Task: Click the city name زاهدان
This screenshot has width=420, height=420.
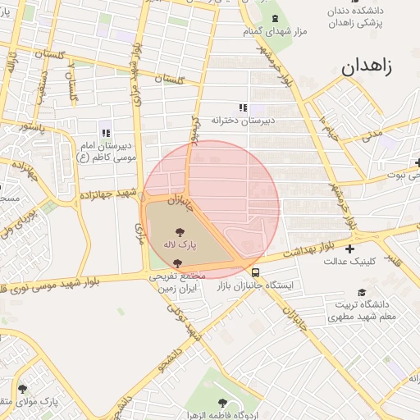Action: coord(364,66)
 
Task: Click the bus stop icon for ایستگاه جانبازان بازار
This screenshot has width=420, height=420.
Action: coord(256,272)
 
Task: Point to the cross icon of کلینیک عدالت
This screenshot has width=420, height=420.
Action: coord(351,249)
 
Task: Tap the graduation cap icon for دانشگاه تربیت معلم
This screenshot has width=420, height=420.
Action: coord(362,293)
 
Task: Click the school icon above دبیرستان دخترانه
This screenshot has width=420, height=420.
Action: coord(241,107)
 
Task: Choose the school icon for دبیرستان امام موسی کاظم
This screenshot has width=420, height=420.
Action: coord(105,133)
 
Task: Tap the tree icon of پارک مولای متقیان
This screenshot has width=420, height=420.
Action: coord(21,389)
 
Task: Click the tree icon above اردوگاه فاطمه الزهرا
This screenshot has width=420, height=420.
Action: coord(222,402)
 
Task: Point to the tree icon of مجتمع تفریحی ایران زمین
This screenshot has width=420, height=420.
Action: coord(178,263)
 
